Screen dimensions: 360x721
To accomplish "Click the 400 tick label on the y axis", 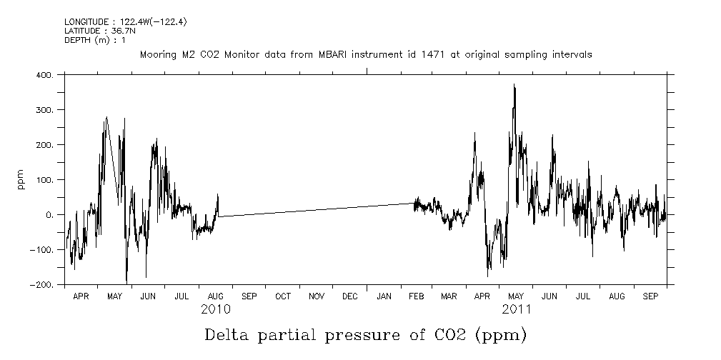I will [44, 74].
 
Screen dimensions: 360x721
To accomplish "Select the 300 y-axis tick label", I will [44, 110].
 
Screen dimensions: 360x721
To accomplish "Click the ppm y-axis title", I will [21, 179].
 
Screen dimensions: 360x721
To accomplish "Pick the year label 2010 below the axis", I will [215, 309].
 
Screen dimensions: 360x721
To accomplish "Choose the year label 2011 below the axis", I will [517, 309].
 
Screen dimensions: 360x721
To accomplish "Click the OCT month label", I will [282, 296].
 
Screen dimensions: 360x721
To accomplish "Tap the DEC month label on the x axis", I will [350, 296].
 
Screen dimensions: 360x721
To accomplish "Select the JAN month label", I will [384, 296].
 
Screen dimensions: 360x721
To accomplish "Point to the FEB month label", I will [417, 296].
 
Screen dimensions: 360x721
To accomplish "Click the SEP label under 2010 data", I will [249, 296].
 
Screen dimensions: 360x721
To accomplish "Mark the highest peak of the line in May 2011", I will [514, 84].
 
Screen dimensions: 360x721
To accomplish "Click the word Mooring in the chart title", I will [156, 54].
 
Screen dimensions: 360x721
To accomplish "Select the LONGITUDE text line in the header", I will [115, 22].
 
